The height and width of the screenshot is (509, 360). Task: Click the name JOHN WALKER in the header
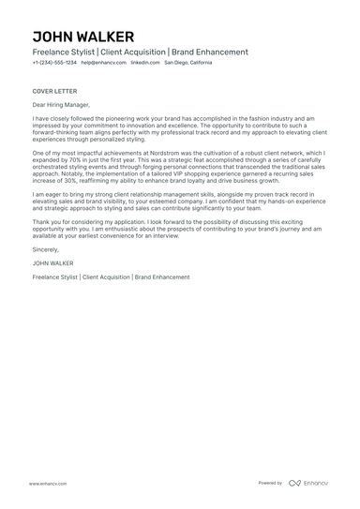[82, 37]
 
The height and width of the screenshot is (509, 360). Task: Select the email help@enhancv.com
[103, 63]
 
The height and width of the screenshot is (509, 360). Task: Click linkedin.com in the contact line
[144, 63]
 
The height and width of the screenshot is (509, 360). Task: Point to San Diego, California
[188, 63]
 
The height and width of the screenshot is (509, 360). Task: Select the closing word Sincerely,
[47, 251]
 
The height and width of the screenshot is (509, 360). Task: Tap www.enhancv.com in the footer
[47, 483]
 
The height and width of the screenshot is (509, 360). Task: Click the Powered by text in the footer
[270, 483]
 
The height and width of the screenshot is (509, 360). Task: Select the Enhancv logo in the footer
[308, 483]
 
